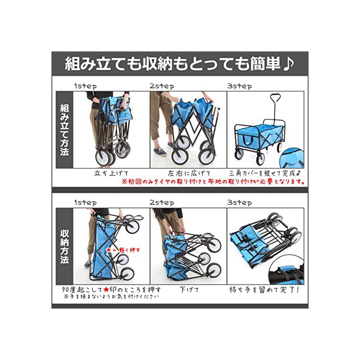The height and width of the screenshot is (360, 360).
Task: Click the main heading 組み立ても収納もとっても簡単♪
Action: pyautogui.click(x=179, y=64)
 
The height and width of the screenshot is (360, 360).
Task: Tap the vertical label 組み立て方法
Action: pyautogui.click(x=64, y=130)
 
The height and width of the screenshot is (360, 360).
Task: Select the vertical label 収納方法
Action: pyautogui.click(x=64, y=246)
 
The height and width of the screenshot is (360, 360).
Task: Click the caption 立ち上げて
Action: pyautogui.click(x=111, y=173)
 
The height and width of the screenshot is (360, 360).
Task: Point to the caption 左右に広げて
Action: pyautogui.click(x=189, y=173)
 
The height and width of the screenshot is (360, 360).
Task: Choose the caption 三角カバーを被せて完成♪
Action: pyautogui.click(x=265, y=173)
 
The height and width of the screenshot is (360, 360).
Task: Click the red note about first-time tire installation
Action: pyautogui.click(x=213, y=182)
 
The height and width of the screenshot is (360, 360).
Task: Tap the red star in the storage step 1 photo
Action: pyautogui.click(x=108, y=250)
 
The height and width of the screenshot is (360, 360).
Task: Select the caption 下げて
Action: pyautogui.click(x=189, y=290)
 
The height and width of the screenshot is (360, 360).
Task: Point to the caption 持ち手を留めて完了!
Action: pyautogui.click(x=264, y=290)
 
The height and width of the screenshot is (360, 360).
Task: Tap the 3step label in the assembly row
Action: pyautogui.click(x=239, y=86)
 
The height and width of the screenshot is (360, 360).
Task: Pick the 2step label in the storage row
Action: pyautogui.click(x=162, y=203)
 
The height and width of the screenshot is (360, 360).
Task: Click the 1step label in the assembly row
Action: pyautogui.click(x=85, y=86)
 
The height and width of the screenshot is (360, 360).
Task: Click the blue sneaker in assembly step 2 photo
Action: pyautogui.click(x=160, y=152)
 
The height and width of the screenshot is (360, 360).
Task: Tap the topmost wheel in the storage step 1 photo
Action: pyautogui.click(x=133, y=227)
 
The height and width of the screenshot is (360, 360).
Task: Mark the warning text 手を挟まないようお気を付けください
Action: pyautogui.click(x=111, y=296)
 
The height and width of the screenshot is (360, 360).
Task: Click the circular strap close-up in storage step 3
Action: pyautogui.click(x=287, y=273)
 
